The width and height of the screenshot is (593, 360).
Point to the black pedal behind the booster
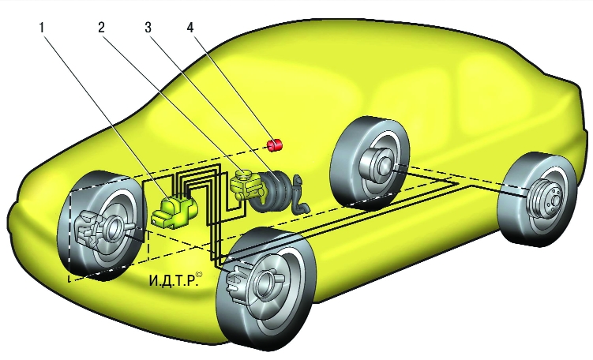pyautogui.click(x=301, y=201)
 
